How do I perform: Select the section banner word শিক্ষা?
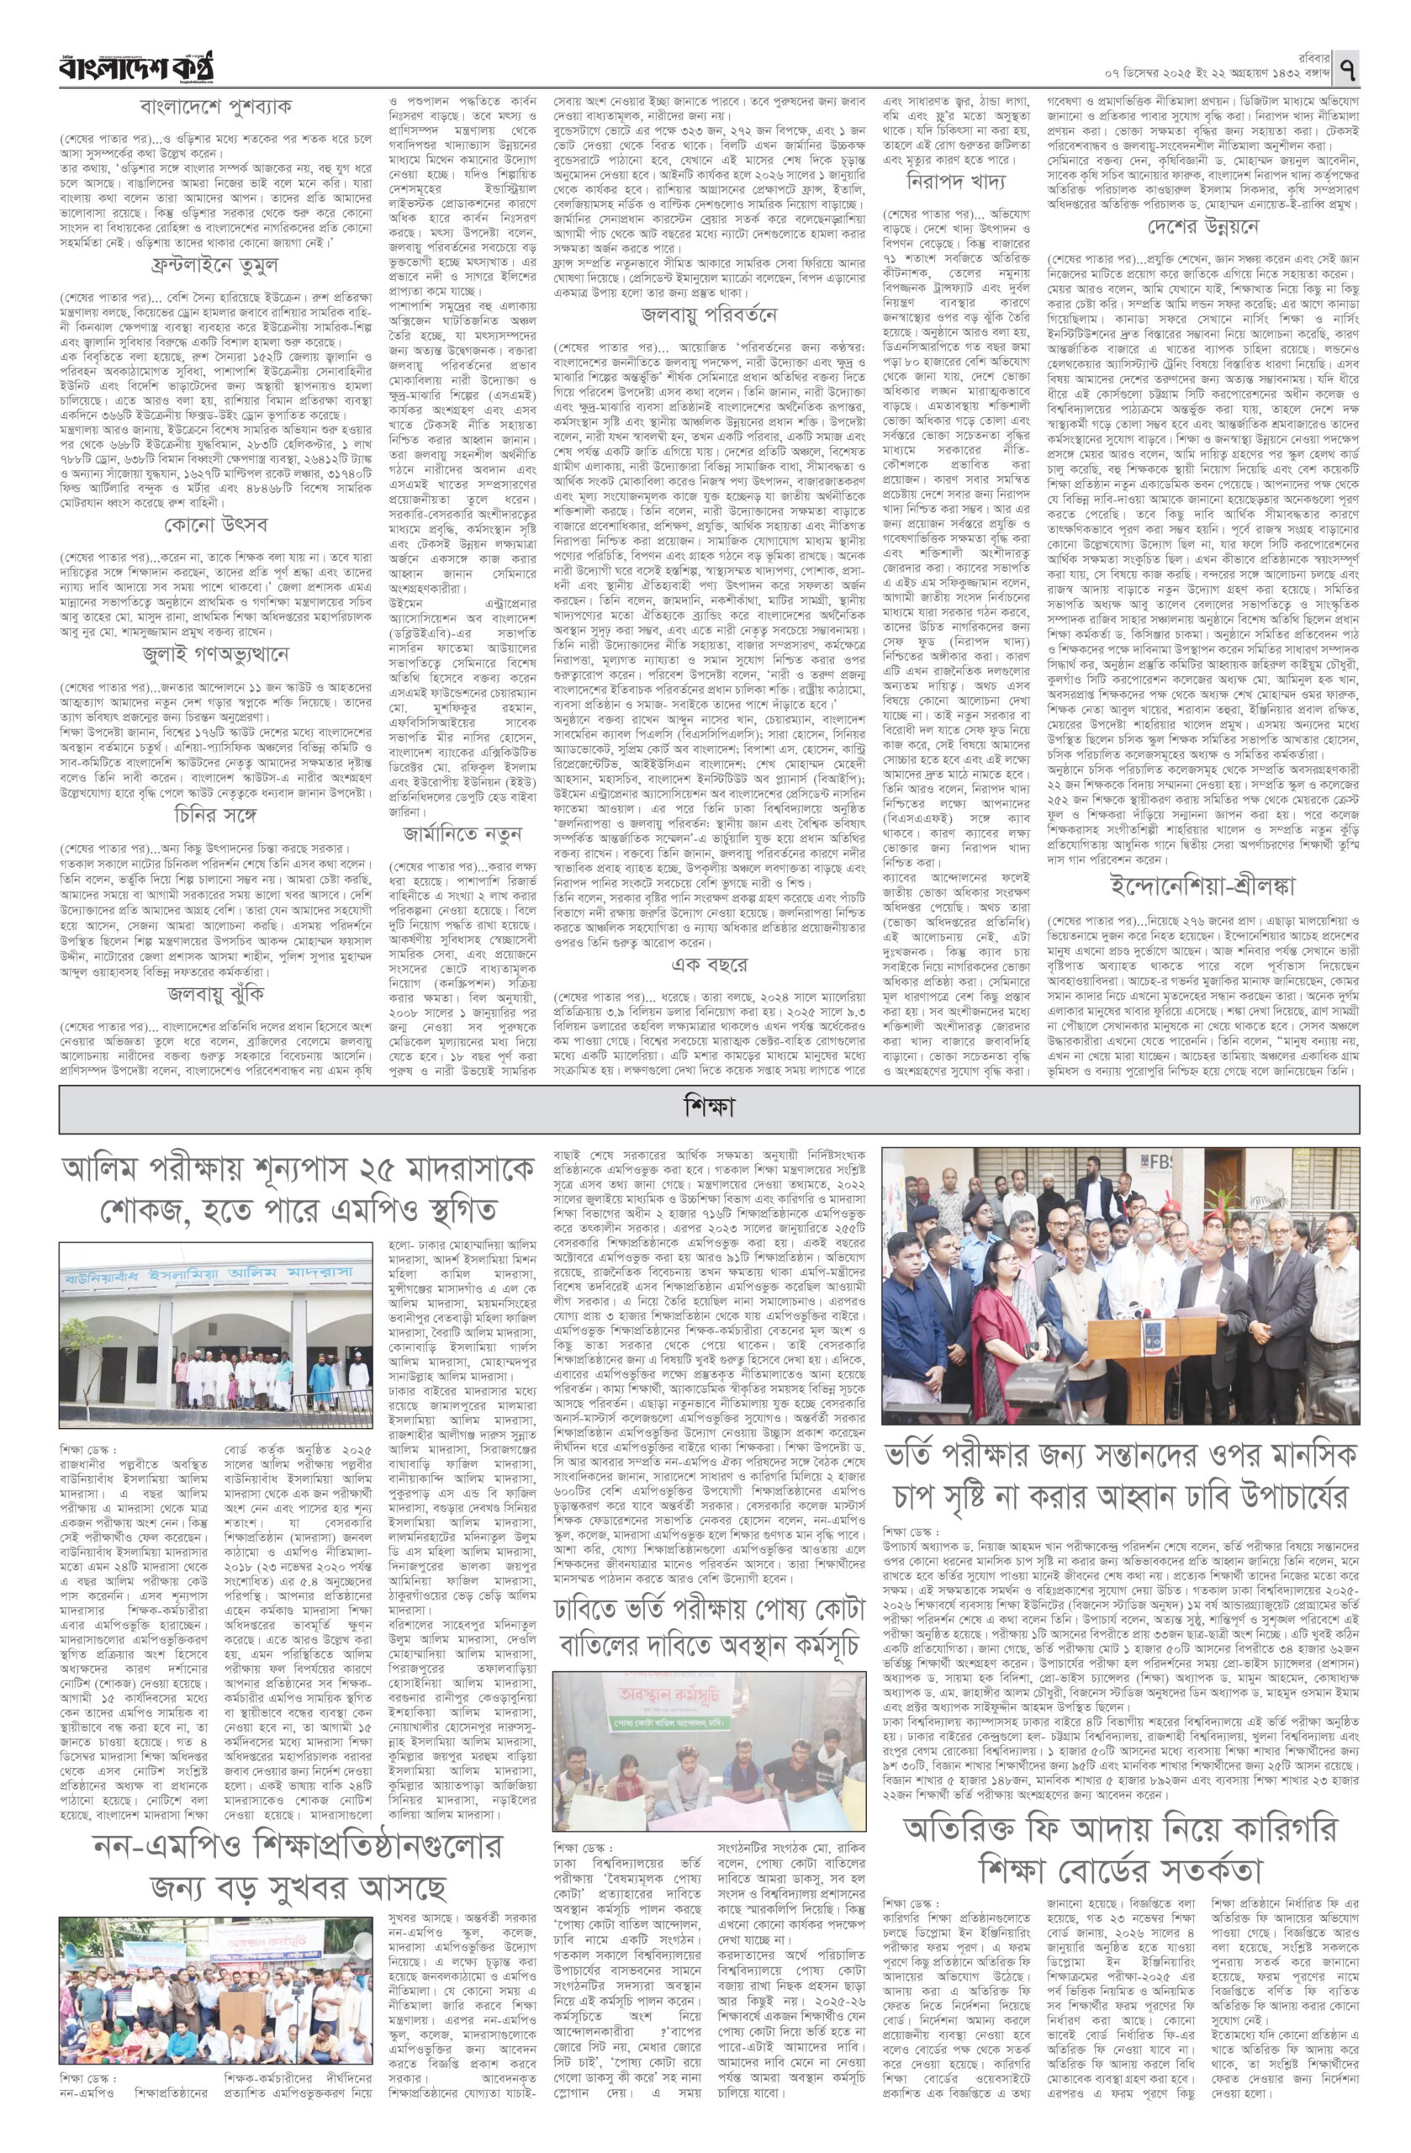[708, 1105]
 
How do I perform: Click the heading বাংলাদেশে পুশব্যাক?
[215, 106]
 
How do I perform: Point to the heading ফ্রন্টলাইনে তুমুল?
[215, 265]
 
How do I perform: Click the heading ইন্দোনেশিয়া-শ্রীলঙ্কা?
[1203, 889]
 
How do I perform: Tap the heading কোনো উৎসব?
[215, 524]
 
